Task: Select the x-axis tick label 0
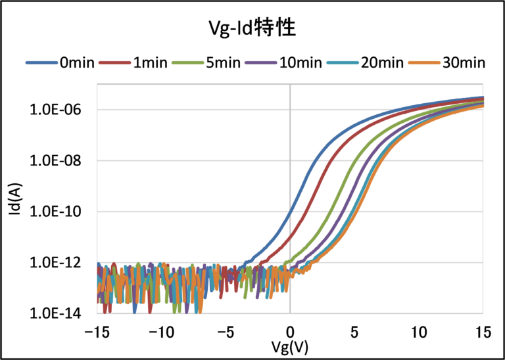click(x=290, y=332)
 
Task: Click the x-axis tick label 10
click(x=419, y=332)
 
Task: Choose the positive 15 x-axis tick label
click(x=483, y=332)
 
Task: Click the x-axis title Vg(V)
click(x=289, y=346)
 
